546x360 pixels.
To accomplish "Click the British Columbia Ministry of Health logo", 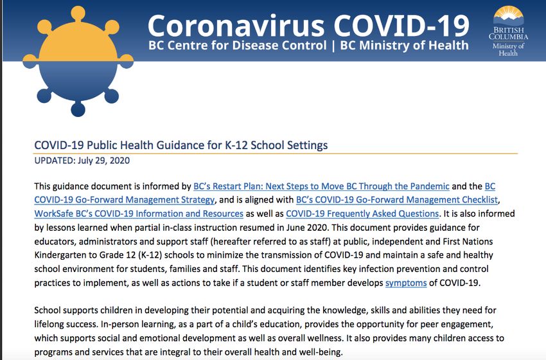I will coord(508,30).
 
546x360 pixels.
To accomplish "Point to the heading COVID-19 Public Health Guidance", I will coord(181,145).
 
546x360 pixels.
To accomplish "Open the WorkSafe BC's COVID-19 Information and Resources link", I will coord(139,213).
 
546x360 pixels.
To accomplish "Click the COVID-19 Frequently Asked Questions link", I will coord(362,213).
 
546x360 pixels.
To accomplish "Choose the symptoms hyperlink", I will coord(405,283).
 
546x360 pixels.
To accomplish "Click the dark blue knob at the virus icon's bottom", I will coord(77,108).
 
